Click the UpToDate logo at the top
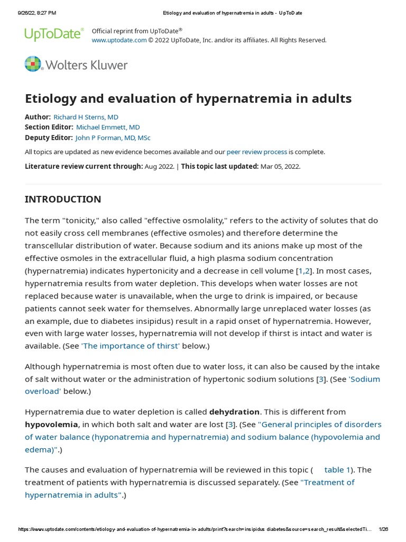tap(54, 34)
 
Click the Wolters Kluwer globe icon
tap(33, 64)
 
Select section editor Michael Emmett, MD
tap(108, 127)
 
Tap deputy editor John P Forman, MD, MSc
tap(113, 138)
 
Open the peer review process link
tap(257, 152)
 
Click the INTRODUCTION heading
tap(63, 200)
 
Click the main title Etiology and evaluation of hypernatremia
tap(188, 98)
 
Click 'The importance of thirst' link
tap(131, 346)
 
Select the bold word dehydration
tap(234, 412)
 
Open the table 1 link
tap(337, 470)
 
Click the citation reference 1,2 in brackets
tap(304, 271)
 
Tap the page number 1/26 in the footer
tap(383, 529)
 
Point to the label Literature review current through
tap(84, 166)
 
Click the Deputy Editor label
tap(49, 138)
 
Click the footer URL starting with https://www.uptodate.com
tap(195, 529)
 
